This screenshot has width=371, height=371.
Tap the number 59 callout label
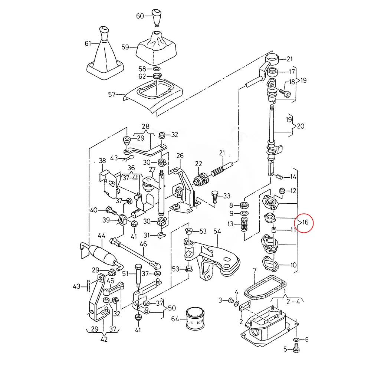coord(125,47)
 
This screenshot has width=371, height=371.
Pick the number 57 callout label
coord(112,95)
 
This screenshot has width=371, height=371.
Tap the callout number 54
coord(217,232)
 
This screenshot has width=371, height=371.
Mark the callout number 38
coord(103,161)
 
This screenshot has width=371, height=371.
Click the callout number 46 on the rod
coord(143,244)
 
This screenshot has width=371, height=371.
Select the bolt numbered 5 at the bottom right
coord(296,348)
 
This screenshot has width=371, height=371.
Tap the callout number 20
coord(301,126)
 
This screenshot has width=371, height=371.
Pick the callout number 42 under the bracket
coord(104,339)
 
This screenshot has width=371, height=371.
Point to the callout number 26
coord(180,155)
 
